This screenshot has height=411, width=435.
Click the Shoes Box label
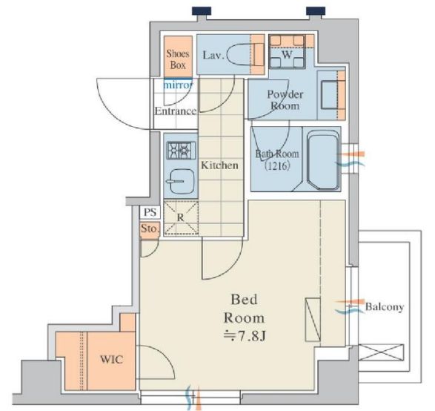click(x=178, y=59)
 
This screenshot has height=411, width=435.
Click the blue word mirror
click(x=178, y=85)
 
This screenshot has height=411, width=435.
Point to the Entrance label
click(x=176, y=111)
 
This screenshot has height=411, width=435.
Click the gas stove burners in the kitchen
click(x=181, y=151)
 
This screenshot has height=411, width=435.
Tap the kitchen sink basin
click(x=181, y=181)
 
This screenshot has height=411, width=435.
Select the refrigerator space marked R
click(x=181, y=217)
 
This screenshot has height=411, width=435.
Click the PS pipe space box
click(x=150, y=212)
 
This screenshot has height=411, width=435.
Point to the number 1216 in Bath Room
click(x=278, y=165)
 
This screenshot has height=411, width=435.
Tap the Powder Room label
click(x=285, y=100)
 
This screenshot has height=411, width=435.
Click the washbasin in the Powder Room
click(x=332, y=94)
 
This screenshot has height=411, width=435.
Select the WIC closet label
click(x=111, y=359)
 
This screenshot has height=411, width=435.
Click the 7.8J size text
click(x=245, y=336)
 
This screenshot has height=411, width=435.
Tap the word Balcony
click(x=384, y=307)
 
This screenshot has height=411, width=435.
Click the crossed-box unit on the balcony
click(x=381, y=352)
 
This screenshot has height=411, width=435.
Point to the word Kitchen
click(x=219, y=165)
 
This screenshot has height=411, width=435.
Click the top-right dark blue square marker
click(x=316, y=11)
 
